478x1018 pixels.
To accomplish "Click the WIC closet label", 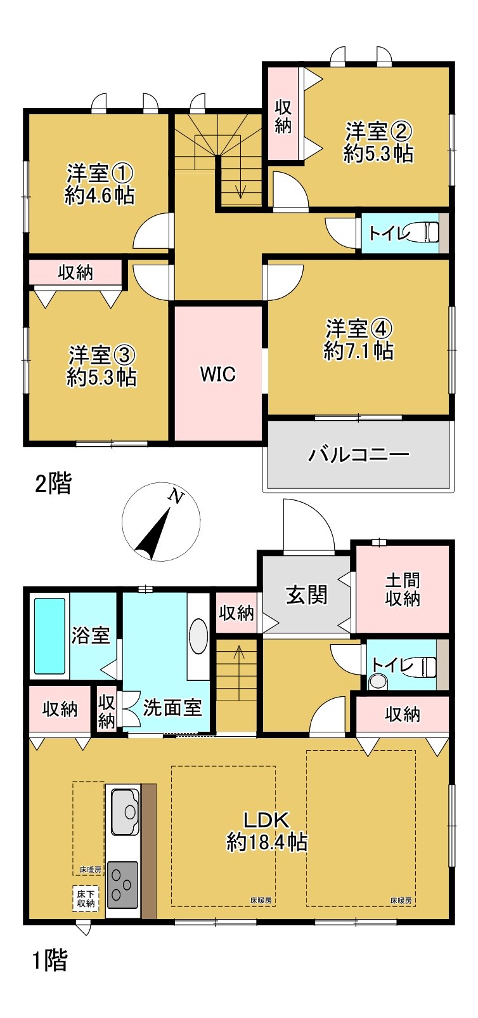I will pos(218,374).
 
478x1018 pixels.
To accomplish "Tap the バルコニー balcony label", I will pos(359,454).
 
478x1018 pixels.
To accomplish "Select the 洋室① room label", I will pos(100,173).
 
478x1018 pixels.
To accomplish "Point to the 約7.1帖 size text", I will pos(358,351).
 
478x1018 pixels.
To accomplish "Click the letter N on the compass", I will pos(176,497).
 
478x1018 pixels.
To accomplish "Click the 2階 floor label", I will pos(53,484).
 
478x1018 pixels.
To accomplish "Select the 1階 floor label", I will pos(49,960).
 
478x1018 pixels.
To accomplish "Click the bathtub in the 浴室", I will pos(49,635).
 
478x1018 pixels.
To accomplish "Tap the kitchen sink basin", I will pos(126,810).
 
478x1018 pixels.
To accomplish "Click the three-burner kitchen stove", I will pos(122,883).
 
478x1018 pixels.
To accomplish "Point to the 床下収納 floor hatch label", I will pos(86,898).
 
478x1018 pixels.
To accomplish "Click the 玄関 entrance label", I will pos(307,595).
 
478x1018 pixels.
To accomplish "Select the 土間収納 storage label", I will pos(403,589).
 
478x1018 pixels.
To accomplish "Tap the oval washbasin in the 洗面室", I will pos(198,635).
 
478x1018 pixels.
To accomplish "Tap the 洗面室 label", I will pos(172,708).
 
